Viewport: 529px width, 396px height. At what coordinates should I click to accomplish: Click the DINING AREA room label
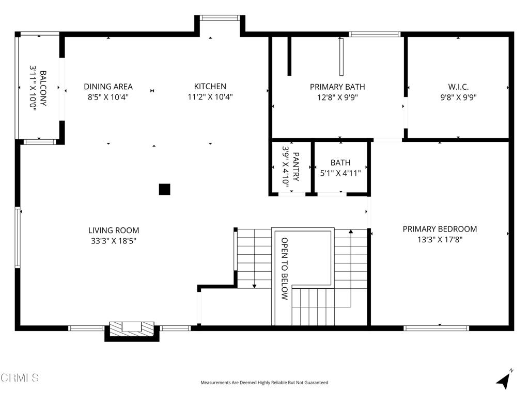pos(108,87)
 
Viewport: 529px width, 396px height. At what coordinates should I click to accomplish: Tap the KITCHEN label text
pos(210,87)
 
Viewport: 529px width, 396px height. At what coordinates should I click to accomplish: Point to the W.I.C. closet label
pos(458,87)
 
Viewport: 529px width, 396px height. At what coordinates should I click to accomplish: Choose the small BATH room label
pos(340,163)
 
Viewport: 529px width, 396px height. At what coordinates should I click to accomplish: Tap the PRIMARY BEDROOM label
pos(440,229)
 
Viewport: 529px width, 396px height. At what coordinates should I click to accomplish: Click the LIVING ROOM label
pos(114,230)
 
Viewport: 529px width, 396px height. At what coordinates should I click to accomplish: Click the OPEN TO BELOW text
pos(285,268)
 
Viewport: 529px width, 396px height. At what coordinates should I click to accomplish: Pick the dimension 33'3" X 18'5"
pos(114,240)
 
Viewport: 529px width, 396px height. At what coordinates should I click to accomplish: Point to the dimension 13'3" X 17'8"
pos(440,239)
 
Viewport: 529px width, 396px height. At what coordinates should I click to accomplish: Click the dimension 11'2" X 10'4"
pos(210,96)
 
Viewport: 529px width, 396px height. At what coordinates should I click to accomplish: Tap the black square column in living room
pos(164,189)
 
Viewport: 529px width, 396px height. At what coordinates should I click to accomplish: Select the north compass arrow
pos(504,380)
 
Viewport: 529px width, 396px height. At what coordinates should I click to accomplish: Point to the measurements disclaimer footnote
pos(264,383)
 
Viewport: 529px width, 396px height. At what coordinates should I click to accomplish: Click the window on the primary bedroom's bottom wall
pos(436,327)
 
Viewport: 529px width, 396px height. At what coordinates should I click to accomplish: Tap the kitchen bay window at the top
pos(216,18)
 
